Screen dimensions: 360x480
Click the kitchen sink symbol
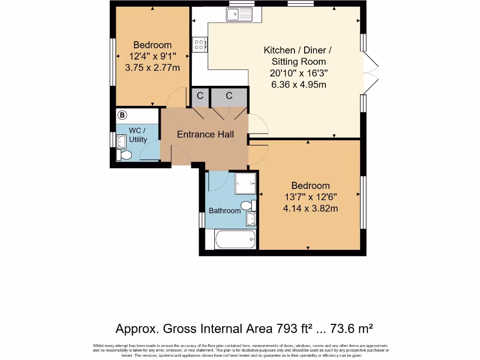pos(239,15)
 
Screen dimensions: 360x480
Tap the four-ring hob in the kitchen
pos(199,45)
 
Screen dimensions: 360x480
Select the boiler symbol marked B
pos(122,115)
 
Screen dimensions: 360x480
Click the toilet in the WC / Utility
pos(124,155)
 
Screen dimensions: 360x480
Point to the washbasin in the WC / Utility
pos(120,140)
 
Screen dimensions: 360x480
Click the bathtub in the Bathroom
pos(235,239)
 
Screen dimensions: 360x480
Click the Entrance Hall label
pos(205,135)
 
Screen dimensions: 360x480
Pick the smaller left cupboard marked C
pos(200,96)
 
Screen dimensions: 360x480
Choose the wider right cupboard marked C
pos(229,96)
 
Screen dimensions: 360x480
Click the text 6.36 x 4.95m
pos(299,85)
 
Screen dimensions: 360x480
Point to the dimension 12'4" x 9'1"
pos(152,56)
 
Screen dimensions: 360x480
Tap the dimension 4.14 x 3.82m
pos(310,209)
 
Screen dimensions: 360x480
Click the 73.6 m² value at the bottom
pos(352,328)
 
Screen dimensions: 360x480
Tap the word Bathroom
pos(225,211)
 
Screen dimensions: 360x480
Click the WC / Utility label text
pos(137,135)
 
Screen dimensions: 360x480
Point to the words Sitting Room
pos(299,61)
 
